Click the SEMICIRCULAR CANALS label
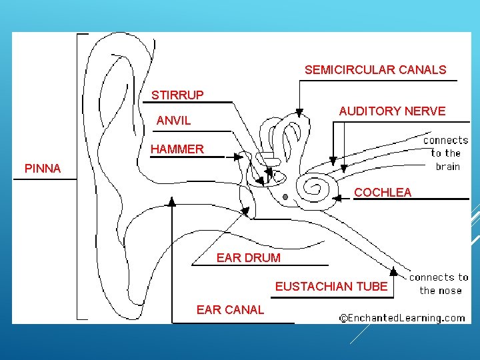pos(375,69)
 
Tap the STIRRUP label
pos(177,95)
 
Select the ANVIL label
pos(173,121)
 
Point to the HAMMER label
pos(177,149)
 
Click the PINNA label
pos(43,169)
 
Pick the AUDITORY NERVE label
pos(392,111)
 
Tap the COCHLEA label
pos(383,192)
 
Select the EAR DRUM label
pos(249,257)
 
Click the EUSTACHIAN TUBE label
pos(331,286)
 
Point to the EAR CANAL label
pos(230,309)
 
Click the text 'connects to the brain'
pos(446,153)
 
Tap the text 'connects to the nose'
pos(438,283)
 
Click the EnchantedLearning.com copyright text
pos(402,318)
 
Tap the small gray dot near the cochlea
pos(285,197)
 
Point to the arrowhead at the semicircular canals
pos(300,112)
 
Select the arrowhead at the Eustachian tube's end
pos(394,271)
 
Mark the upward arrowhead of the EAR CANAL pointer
pos(172,200)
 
